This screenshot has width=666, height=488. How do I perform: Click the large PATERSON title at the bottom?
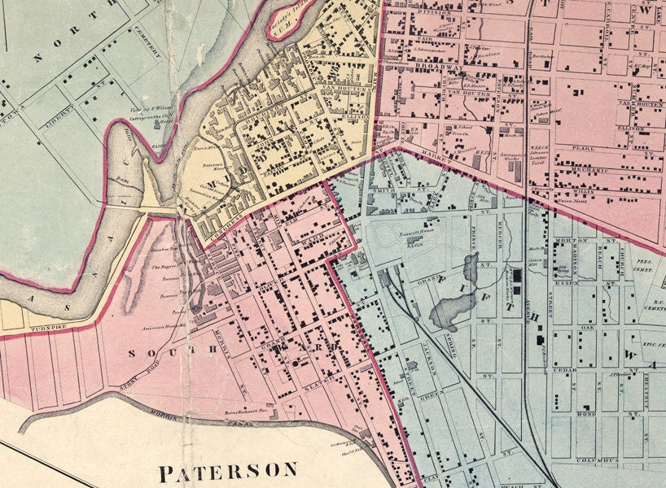(x=227, y=471)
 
